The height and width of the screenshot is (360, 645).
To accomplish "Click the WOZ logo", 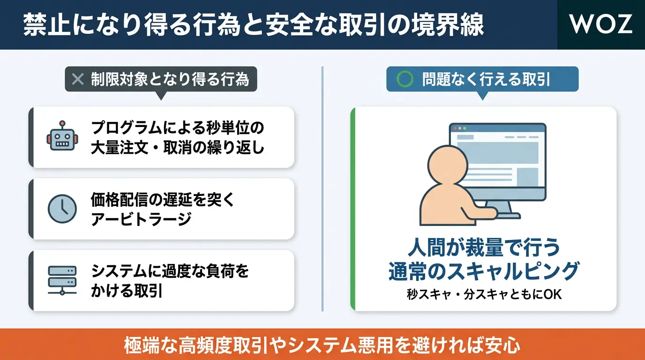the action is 600,24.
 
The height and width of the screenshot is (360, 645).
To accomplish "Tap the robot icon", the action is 62,135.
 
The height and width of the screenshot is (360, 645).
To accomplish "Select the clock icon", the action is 62,209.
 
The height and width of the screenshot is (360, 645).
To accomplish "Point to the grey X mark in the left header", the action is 78,79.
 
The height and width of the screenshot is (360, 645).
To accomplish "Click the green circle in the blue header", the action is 405,79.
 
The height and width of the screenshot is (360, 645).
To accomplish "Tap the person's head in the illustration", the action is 448,165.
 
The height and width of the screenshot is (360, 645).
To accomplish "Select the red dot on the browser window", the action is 455,128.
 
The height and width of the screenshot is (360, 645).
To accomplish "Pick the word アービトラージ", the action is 141,219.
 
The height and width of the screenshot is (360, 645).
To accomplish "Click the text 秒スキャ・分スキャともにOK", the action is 484,294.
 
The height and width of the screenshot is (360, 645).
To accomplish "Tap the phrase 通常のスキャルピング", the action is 484,271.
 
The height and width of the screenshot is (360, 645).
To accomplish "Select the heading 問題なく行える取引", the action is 486,79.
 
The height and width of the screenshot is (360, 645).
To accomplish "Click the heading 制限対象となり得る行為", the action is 170,79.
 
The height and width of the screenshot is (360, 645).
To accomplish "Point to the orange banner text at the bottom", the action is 322,345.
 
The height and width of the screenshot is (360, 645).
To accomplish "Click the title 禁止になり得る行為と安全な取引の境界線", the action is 254,25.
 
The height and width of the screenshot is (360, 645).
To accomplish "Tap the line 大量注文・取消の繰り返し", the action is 178,148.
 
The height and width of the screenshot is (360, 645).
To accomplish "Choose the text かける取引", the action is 127,291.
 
